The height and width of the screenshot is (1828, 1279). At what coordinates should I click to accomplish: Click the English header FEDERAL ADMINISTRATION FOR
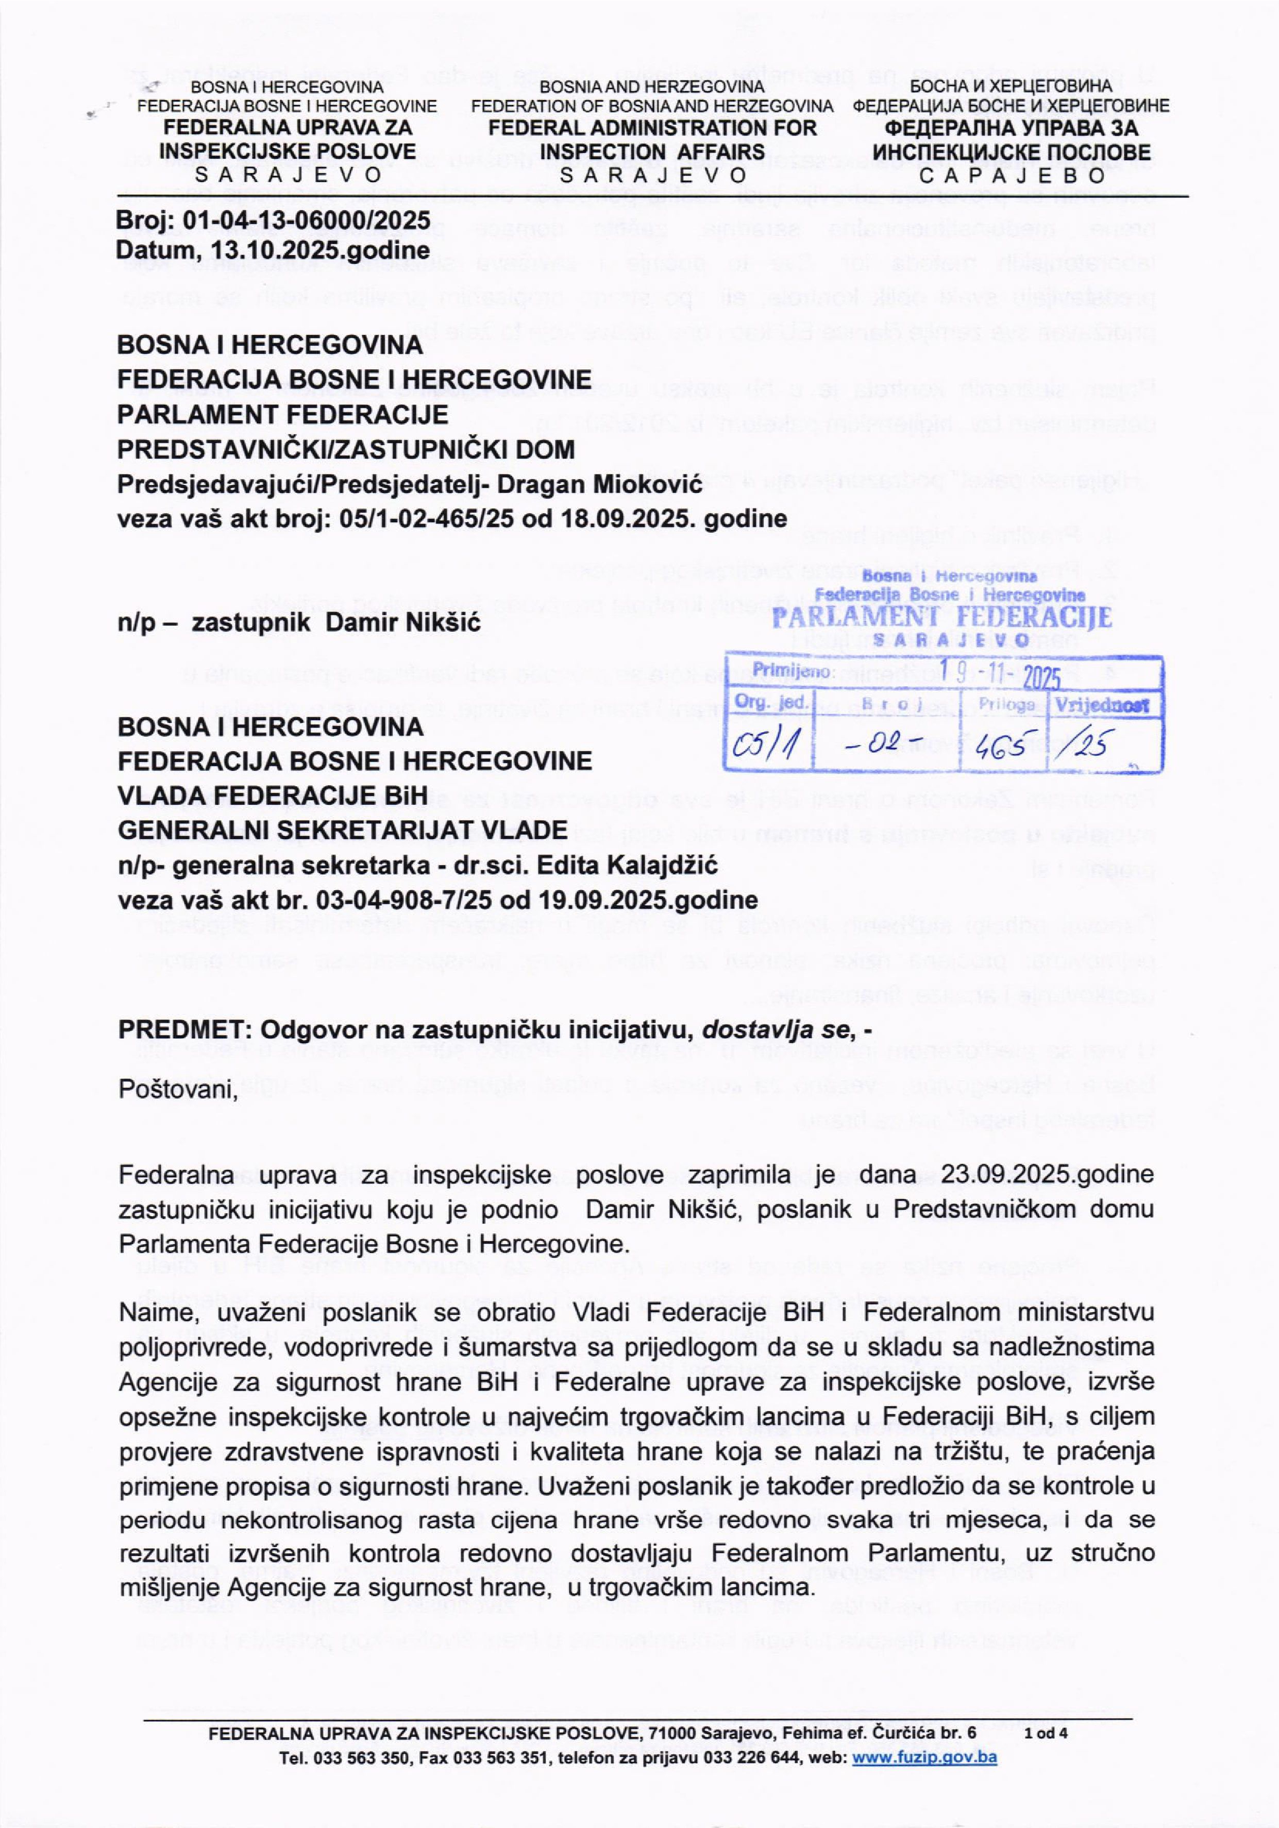point(652,127)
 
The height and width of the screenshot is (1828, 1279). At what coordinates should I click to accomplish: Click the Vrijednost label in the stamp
point(1102,705)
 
